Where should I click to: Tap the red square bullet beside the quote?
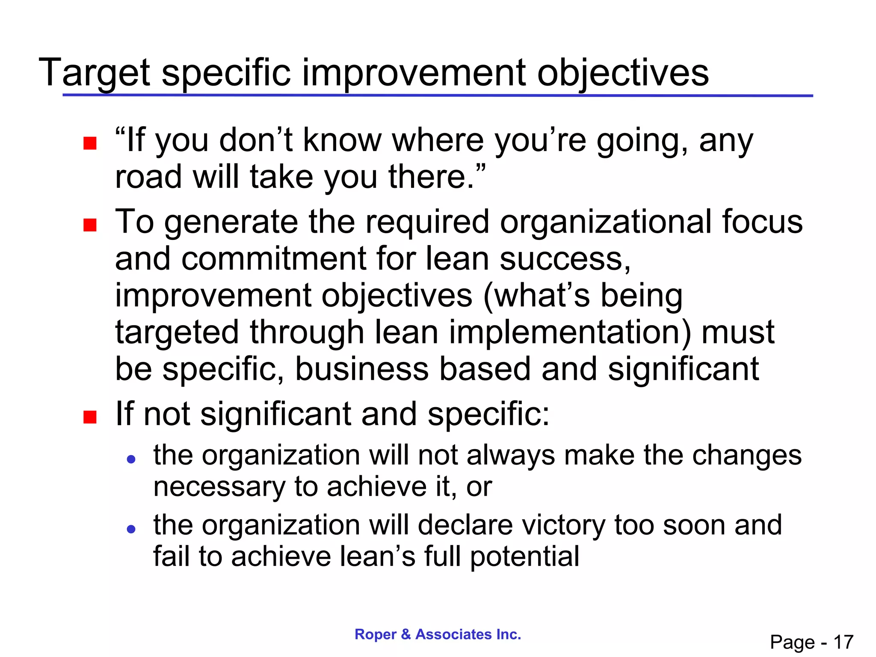pyautogui.click(x=90, y=143)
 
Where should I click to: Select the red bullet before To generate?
pyautogui.click(x=90, y=225)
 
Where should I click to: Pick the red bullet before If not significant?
pyautogui.click(x=90, y=417)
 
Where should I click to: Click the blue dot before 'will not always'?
pyautogui.click(x=131, y=460)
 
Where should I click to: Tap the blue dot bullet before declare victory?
pyautogui.click(x=131, y=530)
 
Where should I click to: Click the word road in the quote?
pyautogui.click(x=148, y=177)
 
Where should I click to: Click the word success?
pyautogui.click(x=565, y=259)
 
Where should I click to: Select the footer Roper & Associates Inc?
pyautogui.click(x=438, y=634)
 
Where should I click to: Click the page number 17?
pyautogui.click(x=843, y=642)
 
